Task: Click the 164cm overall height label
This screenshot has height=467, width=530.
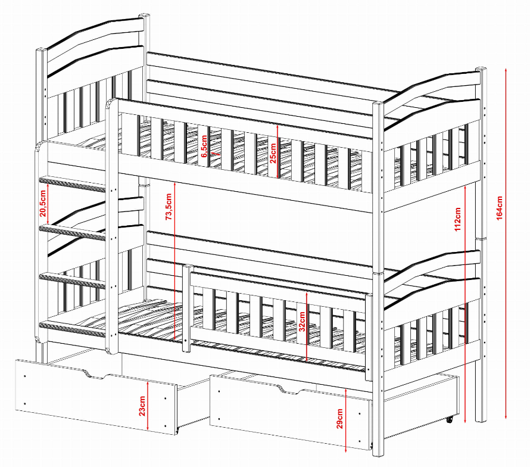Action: pos(500,206)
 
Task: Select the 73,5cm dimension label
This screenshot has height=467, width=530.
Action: pos(169,207)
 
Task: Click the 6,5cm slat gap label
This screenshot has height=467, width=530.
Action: pos(204,147)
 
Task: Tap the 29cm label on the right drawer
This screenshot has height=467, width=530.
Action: pos(339,419)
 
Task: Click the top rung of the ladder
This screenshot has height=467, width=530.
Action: pos(72,183)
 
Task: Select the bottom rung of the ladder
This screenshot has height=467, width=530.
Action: pos(72,328)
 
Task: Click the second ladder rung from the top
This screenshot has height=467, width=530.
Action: pos(72,231)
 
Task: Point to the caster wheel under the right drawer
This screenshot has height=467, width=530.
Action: pos(448,419)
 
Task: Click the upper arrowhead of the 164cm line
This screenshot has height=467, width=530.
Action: pos(506,70)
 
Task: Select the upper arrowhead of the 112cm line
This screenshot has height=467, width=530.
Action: pos(464,186)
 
